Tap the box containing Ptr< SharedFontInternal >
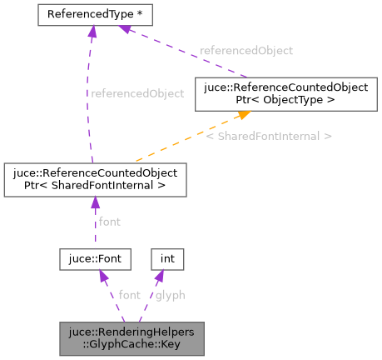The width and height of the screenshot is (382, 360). click(x=95, y=180)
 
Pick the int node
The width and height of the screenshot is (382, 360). click(x=167, y=259)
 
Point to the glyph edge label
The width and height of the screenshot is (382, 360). click(x=170, y=295)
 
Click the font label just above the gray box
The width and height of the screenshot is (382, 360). click(x=130, y=295)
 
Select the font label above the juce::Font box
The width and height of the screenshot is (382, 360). click(x=110, y=222)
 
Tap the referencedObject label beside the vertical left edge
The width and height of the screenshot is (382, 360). click(x=136, y=93)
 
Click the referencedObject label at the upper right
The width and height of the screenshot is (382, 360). click(x=246, y=50)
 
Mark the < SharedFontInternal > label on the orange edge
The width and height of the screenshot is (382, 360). click(x=269, y=135)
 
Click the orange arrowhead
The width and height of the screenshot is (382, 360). click(x=225, y=117)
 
